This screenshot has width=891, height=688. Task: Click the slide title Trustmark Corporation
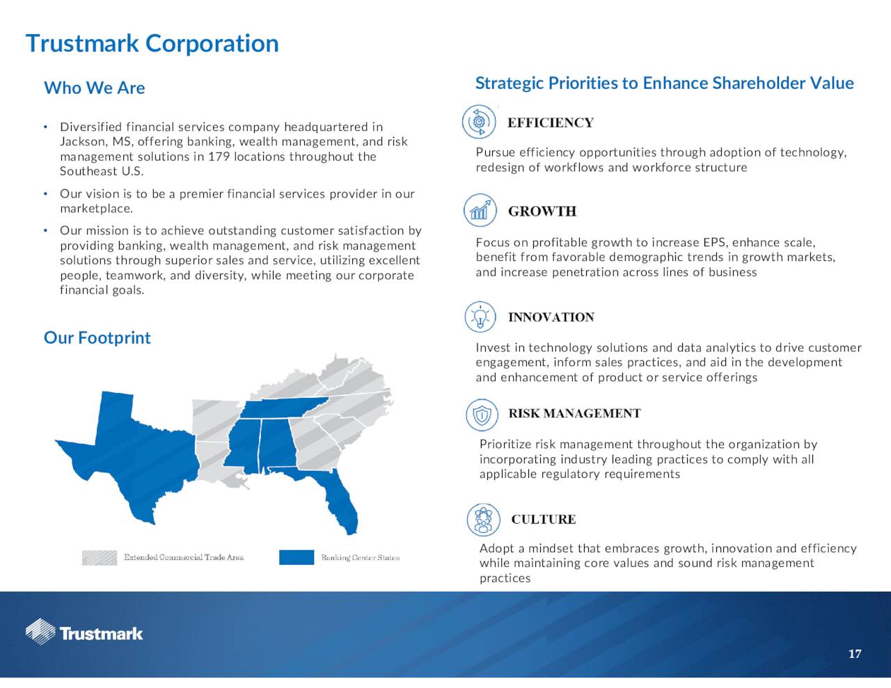[x=152, y=43]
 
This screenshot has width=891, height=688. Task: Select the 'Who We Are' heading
[x=94, y=88]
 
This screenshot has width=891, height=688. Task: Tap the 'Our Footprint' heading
[x=97, y=337]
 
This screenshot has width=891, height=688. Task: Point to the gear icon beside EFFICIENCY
[x=479, y=122]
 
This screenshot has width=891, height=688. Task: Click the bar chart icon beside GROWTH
[x=480, y=210]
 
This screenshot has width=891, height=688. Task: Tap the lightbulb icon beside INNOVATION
[x=480, y=317]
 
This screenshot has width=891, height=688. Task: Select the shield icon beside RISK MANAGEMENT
[x=482, y=415]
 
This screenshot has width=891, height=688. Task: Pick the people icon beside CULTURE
[x=483, y=520]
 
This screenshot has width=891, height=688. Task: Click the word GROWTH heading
[x=542, y=211]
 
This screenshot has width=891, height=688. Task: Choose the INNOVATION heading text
[x=551, y=317]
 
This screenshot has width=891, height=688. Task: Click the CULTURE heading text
[x=543, y=519]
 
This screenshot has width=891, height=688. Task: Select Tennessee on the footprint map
[x=283, y=408]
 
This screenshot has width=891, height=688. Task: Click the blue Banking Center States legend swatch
[x=297, y=557]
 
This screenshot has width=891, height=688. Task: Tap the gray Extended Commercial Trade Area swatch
[x=100, y=558]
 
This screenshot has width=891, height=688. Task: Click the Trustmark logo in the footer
[x=84, y=633]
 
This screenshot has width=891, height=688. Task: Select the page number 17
[x=855, y=654]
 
